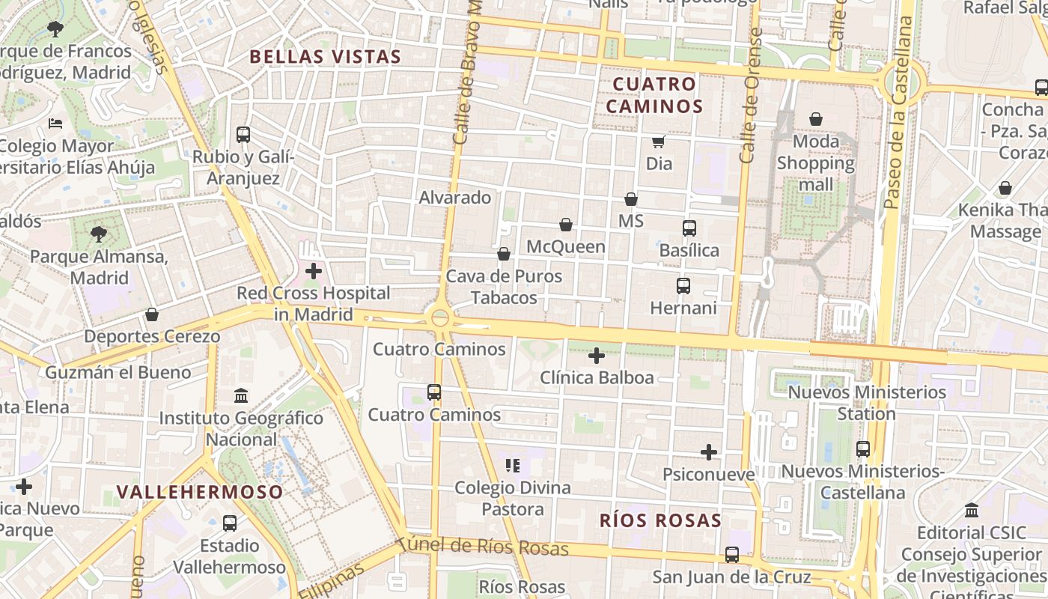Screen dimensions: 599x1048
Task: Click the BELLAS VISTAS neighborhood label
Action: [325, 56]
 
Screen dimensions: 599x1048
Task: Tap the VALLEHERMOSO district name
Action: [200, 492]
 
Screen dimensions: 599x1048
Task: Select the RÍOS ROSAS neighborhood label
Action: [660, 520]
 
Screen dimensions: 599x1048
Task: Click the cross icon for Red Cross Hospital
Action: [314, 271]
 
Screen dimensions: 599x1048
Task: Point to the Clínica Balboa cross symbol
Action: [597, 356]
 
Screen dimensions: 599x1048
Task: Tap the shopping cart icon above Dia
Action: [658, 142]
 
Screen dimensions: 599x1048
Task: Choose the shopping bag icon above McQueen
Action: [566, 225]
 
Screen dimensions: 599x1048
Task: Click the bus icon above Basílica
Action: [689, 228]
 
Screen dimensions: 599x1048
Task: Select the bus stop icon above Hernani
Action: [683, 286]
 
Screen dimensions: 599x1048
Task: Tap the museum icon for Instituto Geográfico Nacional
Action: [241, 395]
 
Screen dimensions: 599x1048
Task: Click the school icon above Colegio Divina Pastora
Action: [513, 466]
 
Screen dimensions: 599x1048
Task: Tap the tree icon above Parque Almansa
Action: [98, 234]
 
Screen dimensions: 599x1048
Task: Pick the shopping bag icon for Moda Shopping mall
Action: [815, 119]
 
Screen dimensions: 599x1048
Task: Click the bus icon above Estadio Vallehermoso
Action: [230, 523]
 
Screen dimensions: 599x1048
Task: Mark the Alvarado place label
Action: [455, 198]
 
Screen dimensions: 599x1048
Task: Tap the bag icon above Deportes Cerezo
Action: [152, 314]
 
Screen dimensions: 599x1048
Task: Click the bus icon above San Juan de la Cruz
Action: [732, 555]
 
